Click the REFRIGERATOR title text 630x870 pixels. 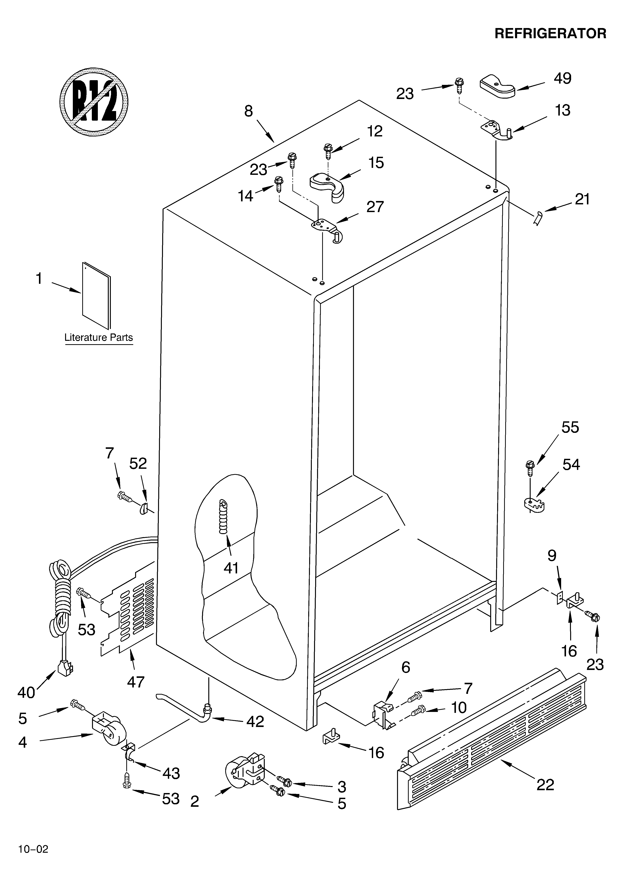tap(550, 34)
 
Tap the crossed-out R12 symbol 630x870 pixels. tap(94, 102)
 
